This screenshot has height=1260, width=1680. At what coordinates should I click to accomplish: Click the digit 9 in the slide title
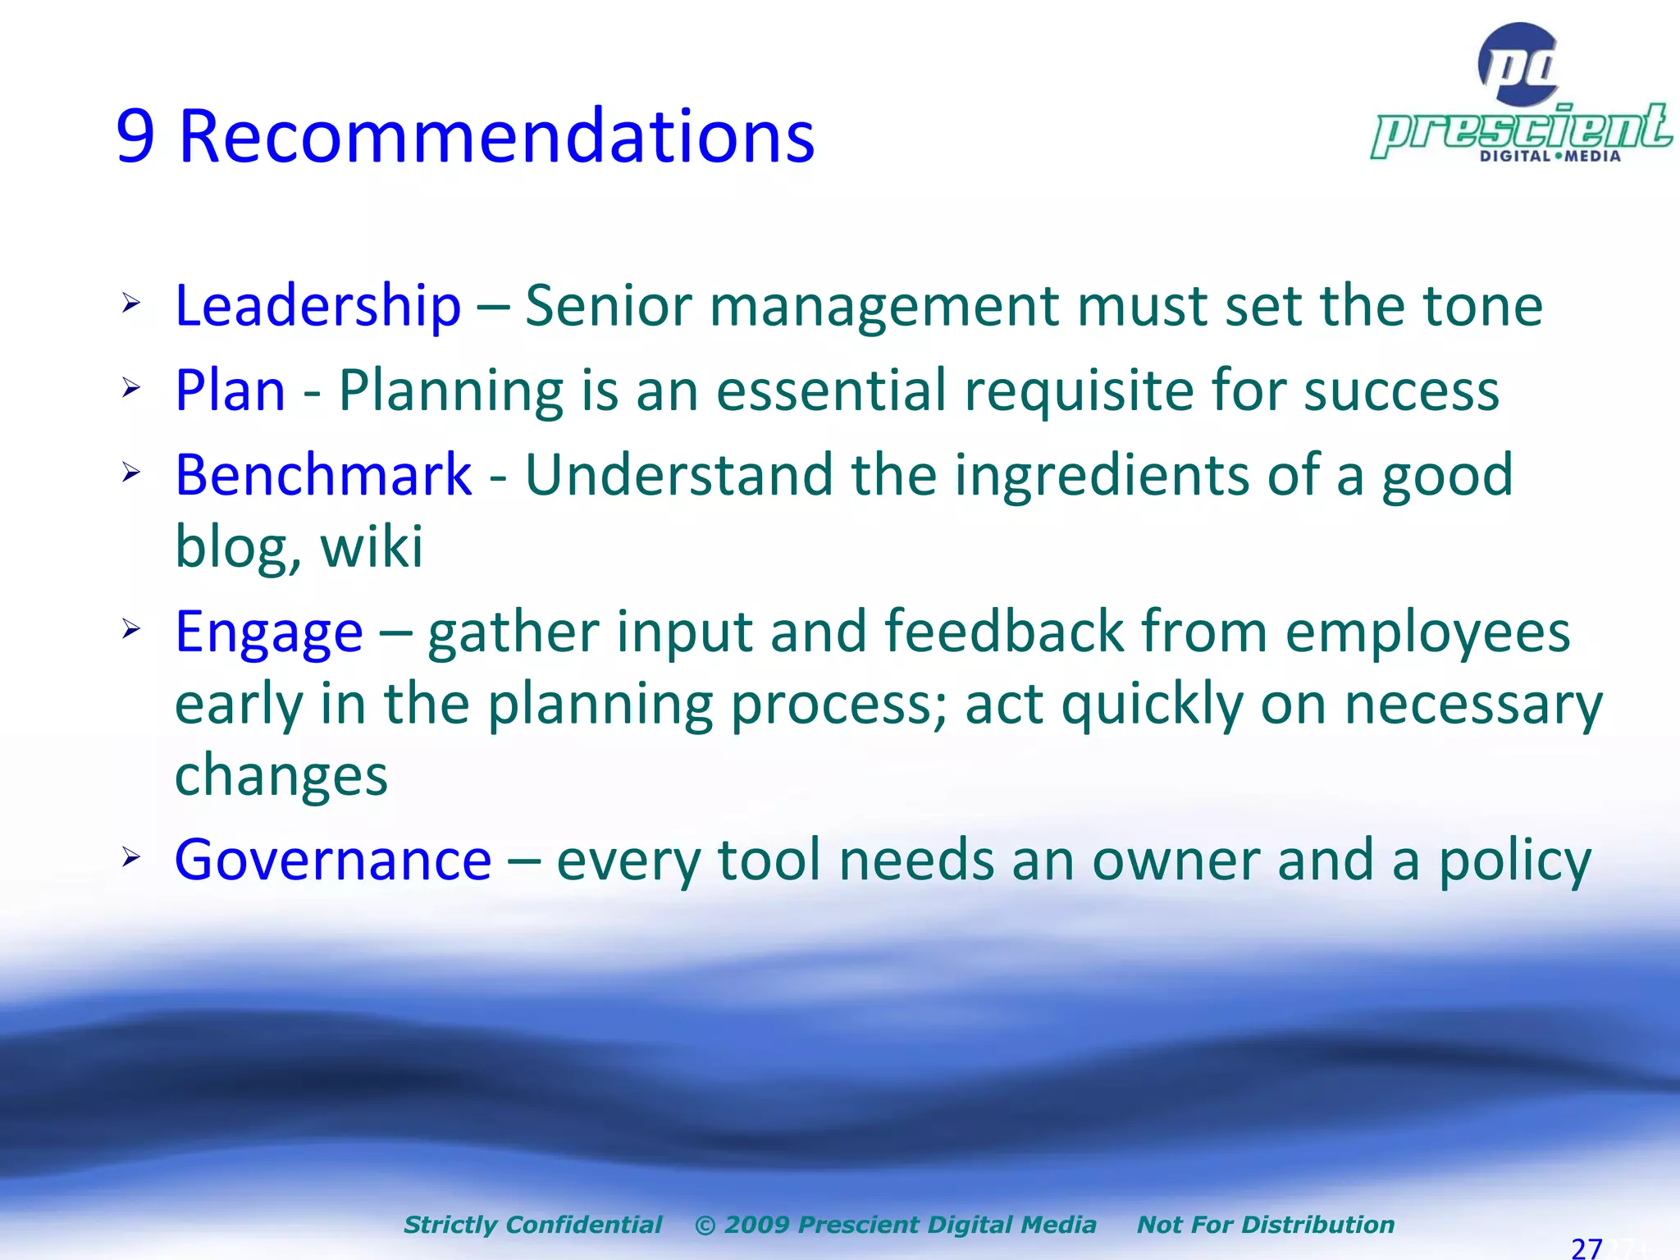[x=136, y=137]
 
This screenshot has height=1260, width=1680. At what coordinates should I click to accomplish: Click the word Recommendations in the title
[x=496, y=137]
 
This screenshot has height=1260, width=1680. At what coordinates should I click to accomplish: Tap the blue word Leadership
[x=318, y=306]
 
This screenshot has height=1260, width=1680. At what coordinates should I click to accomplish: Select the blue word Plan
[x=231, y=390]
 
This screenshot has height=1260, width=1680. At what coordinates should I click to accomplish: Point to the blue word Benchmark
[x=323, y=475]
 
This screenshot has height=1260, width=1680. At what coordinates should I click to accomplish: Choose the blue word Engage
[x=269, y=632]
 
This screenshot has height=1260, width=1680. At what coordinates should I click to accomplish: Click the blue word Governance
[x=333, y=861]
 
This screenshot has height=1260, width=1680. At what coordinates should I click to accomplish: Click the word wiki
[x=372, y=546]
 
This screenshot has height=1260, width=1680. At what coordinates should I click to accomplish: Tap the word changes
[x=281, y=776]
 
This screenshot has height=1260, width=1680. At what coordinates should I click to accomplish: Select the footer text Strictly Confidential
[x=532, y=1225]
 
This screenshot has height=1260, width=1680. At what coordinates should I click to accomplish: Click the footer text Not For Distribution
[x=1265, y=1225]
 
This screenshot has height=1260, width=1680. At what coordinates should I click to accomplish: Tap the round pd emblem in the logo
[x=1518, y=65]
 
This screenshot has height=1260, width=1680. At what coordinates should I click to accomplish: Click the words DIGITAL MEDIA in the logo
[x=1550, y=156]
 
